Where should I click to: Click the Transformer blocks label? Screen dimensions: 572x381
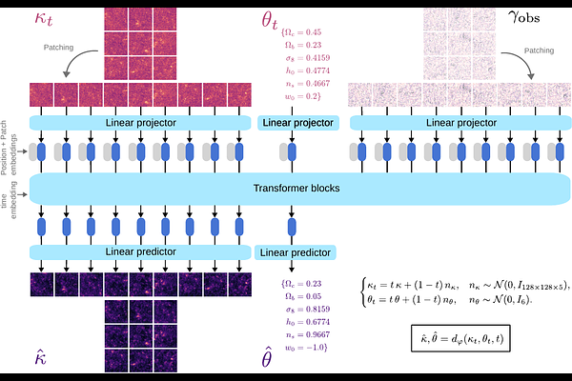coord(296,189)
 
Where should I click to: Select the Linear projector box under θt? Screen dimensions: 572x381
coord(298,123)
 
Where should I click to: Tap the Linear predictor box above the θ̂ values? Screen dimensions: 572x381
coord(296,252)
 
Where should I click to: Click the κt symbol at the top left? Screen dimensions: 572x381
coord(44,18)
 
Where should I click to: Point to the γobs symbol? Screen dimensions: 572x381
coord(523,17)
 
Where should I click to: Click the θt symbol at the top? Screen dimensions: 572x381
coord(270,20)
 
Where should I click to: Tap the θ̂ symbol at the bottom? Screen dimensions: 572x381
coord(267,357)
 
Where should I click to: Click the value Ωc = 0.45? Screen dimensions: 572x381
coord(301,32)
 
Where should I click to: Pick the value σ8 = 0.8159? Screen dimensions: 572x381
coord(308,310)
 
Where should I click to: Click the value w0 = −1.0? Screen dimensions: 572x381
coord(306,348)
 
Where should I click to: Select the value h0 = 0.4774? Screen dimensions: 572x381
coord(308,70)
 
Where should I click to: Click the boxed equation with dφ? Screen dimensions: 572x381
coord(460,338)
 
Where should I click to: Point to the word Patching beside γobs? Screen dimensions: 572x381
coord(539,50)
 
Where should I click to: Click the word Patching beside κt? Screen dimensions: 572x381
coord(58,48)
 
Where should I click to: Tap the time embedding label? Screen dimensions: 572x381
coord(9,201)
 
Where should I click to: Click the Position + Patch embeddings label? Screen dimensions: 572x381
coord(9,148)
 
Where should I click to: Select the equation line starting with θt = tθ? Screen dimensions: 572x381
coord(449,300)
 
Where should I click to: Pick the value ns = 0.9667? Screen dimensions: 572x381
coord(308,334)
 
